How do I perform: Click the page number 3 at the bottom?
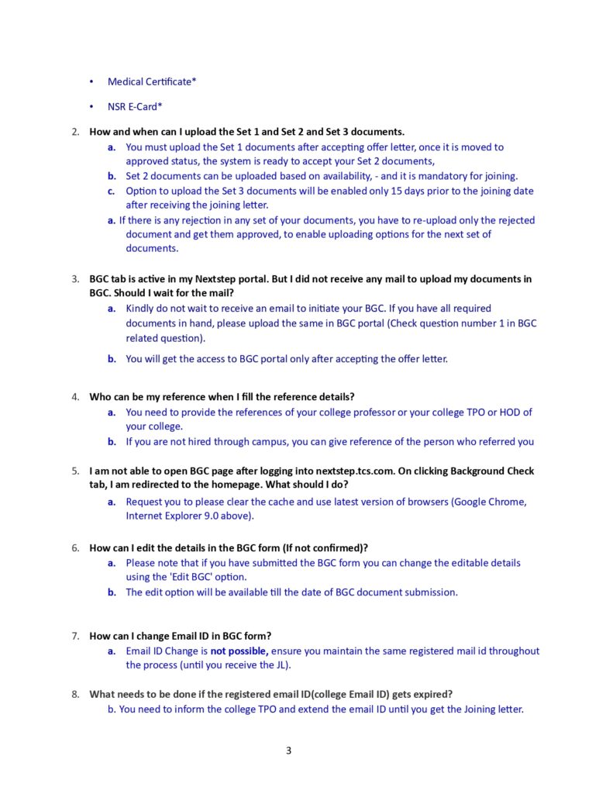288,750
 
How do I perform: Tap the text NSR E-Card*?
135,106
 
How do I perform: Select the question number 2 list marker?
75,131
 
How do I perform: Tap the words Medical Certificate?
152,81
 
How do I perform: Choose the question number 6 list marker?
75,547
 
